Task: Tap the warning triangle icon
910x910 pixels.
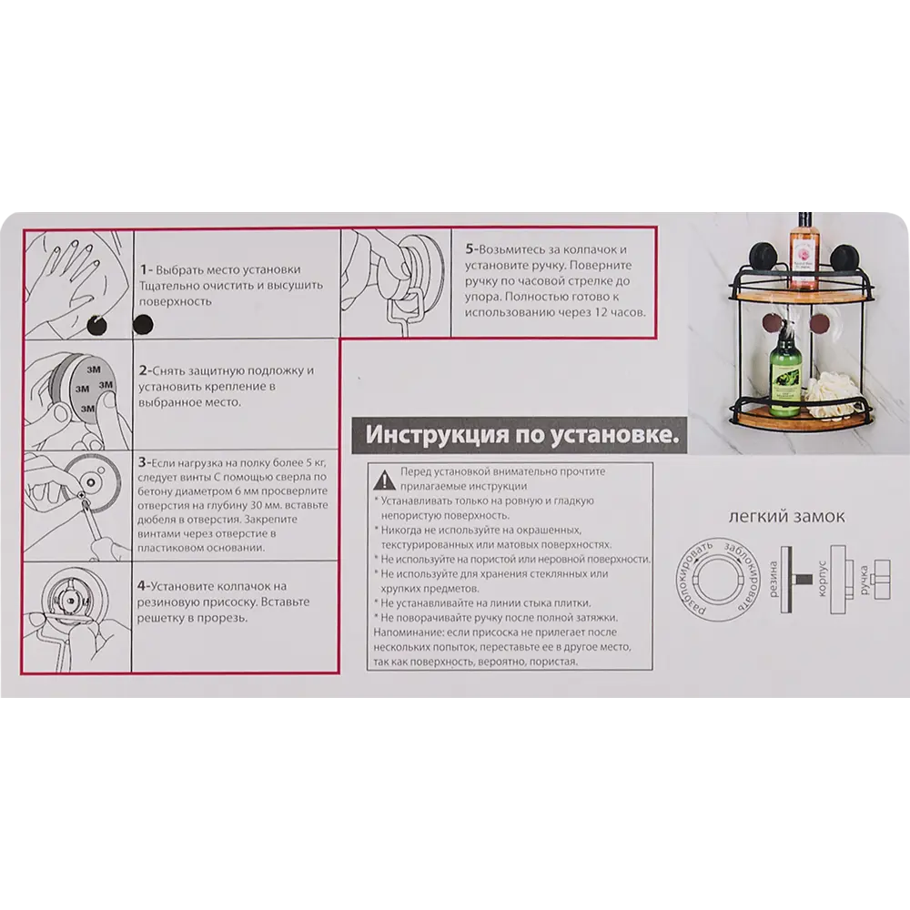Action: (384, 480)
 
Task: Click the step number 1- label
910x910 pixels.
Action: (147, 269)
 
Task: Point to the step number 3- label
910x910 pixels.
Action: (144, 462)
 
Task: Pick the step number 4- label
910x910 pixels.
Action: (144, 586)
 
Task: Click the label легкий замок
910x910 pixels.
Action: (786, 517)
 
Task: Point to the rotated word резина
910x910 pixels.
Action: (773, 579)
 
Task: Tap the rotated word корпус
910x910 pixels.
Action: (821, 579)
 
